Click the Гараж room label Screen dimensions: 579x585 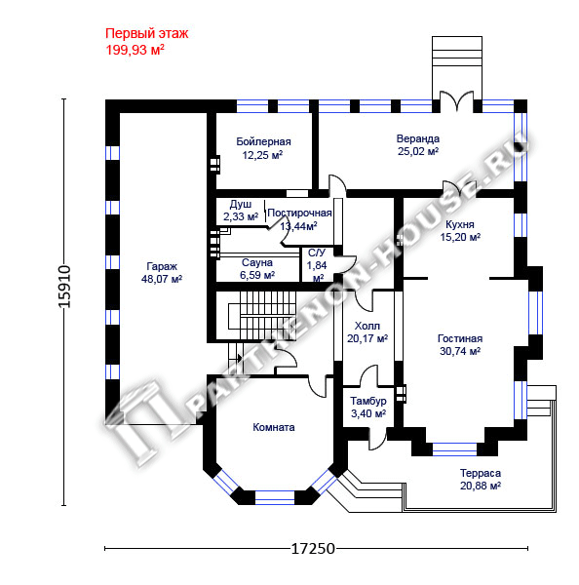pos(162,266)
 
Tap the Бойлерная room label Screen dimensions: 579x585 pos(263,141)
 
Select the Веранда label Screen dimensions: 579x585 pos(418,138)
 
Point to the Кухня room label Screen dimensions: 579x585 pos(460,224)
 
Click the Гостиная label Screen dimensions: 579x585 pos(460,338)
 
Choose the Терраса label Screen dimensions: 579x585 pos(481,473)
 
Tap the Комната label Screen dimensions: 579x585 pos(274,427)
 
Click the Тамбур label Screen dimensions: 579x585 pos(368,401)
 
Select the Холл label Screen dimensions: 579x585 pos(367,326)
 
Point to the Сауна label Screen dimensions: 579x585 pos(257,262)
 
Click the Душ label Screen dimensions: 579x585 pos(240,204)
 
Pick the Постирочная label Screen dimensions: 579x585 pos(299,213)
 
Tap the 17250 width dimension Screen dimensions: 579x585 pos(313,549)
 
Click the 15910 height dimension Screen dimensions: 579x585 pos(64,287)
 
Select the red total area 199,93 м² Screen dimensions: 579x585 pos(135,50)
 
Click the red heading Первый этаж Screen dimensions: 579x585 pos(146,33)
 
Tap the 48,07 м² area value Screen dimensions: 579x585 pos(162,279)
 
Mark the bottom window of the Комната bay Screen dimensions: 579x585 pos(275,497)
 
